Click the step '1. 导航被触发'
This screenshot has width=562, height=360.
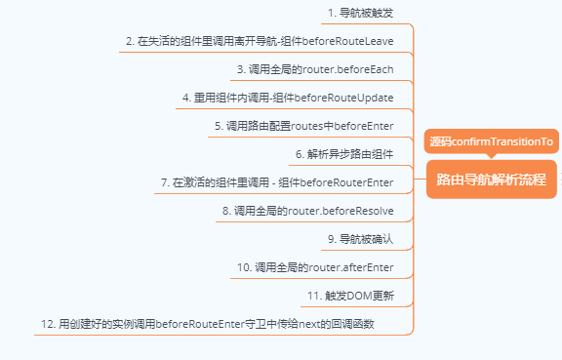(x=360, y=14)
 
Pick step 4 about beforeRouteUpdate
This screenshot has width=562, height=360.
(x=287, y=99)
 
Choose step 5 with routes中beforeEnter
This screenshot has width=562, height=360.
(x=303, y=126)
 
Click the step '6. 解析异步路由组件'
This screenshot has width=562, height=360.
(x=344, y=154)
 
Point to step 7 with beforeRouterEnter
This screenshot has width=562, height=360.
(x=277, y=182)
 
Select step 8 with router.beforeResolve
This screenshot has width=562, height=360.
(x=307, y=211)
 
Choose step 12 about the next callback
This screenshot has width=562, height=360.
(x=208, y=323)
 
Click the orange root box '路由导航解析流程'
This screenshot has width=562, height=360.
(x=491, y=180)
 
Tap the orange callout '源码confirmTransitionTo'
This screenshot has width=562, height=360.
(x=492, y=141)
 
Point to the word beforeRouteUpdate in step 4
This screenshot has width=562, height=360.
(x=345, y=99)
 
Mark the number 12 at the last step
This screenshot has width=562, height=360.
(x=47, y=323)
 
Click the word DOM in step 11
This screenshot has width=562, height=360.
(x=360, y=295)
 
